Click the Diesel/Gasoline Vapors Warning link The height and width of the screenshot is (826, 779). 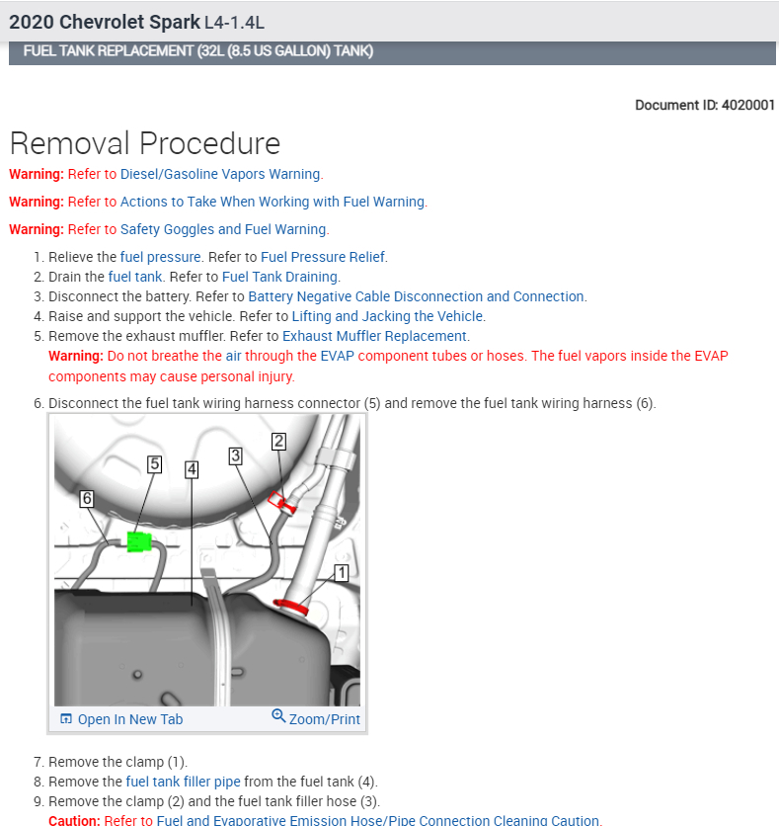(220, 174)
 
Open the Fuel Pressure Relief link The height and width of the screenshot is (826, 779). (323, 257)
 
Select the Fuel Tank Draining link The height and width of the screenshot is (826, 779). (280, 277)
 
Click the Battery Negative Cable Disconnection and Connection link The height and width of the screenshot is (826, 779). (416, 296)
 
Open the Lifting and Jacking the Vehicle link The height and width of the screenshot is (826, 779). (387, 316)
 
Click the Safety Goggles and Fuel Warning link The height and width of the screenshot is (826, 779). (223, 229)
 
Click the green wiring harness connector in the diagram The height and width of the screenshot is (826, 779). (137, 540)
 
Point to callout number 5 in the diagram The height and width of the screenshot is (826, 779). (155, 463)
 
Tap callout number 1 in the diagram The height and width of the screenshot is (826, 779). (342, 572)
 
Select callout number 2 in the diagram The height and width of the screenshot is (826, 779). (279, 442)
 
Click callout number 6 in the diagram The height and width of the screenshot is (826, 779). (87, 500)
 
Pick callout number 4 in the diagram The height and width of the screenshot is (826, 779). (192, 469)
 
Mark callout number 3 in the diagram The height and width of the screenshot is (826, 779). (235, 455)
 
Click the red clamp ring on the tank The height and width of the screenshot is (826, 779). (292, 606)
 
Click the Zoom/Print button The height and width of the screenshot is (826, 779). (316, 718)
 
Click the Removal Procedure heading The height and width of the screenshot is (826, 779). (145, 143)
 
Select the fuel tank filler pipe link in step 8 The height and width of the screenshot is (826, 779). (184, 782)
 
